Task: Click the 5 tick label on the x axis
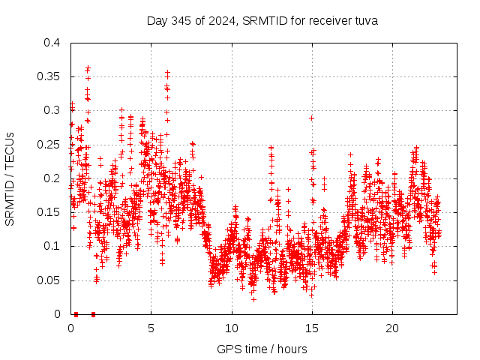pos(151,329)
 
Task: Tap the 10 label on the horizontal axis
pos(232,329)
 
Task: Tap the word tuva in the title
pos(365,20)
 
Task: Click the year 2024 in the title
pos(220,20)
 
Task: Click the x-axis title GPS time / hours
pos(262,349)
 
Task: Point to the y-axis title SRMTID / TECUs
pos(10,178)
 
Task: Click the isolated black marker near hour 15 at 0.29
pos(311,118)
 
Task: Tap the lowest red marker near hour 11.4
pos(253,299)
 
